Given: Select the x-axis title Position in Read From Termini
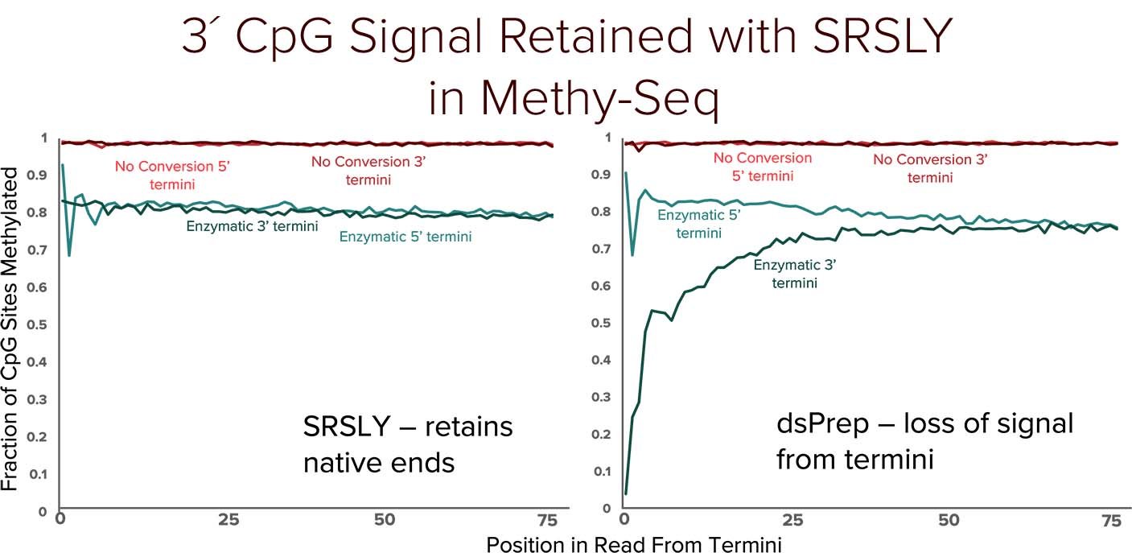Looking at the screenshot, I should coord(633,543).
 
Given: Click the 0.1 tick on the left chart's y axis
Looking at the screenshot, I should coord(41,474).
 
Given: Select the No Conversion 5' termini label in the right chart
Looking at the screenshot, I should coord(763,167).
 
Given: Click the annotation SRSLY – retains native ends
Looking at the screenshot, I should coord(408,444).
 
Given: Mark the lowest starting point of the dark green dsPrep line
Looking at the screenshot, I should coord(626,493).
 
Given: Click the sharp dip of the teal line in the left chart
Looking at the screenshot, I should coord(69,255).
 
